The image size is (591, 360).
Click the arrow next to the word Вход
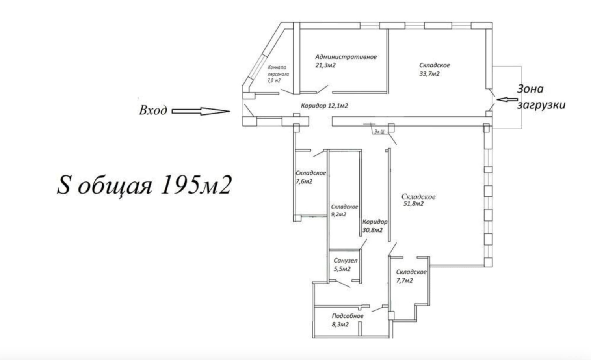201,111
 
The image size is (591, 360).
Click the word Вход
153,110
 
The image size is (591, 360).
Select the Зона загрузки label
541,97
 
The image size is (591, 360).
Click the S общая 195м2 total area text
144,185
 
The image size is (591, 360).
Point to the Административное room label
346,57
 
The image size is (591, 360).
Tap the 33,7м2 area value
429,74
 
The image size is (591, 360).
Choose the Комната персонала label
278,71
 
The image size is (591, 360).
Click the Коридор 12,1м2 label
324,106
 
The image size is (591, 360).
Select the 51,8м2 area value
413,204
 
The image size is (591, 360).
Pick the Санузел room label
345,260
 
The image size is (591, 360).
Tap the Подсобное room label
348,316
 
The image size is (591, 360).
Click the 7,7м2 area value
405,281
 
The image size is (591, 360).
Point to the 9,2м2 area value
339,215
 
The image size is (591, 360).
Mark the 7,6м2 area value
304,181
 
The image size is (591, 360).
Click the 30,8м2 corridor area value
372,230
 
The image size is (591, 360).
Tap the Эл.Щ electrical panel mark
379,132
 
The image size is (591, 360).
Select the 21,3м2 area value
325,65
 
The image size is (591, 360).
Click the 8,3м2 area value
340,325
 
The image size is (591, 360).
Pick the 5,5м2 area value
342,269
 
